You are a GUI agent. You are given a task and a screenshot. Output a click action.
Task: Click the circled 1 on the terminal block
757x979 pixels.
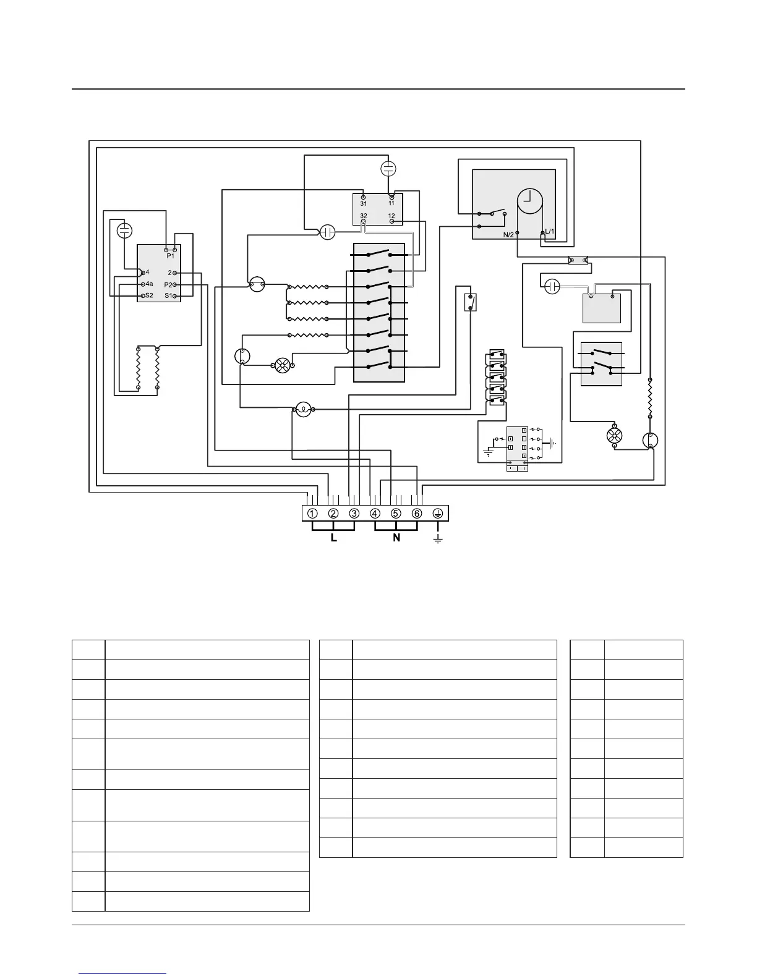(312, 514)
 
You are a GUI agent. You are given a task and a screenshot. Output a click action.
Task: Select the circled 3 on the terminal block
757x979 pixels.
(354, 514)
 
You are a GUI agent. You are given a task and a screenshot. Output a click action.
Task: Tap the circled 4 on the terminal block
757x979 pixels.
(375, 514)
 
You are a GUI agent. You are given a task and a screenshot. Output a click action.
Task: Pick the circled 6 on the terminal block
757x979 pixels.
(417, 514)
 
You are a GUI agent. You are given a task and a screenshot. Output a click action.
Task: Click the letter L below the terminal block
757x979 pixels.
(334, 538)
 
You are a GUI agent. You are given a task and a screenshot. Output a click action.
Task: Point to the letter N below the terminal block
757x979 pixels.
(396, 538)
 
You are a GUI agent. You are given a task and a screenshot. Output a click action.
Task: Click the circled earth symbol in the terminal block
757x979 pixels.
(438, 514)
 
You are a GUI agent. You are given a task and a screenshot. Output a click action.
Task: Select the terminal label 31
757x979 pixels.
(364, 203)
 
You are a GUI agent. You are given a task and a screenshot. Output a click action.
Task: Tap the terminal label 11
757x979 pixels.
(391, 203)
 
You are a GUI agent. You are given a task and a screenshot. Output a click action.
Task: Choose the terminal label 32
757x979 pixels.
(364, 216)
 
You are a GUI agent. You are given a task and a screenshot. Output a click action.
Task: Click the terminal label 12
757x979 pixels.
(391, 216)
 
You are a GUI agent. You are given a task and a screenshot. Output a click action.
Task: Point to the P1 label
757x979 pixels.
(170, 255)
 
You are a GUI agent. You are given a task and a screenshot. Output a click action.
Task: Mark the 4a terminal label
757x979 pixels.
(150, 284)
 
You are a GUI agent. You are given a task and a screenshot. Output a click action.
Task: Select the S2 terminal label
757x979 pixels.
(149, 296)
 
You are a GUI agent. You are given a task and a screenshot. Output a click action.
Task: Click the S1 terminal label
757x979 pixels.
(168, 296)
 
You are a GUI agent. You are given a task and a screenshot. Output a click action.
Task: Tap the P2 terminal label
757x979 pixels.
(168, 284)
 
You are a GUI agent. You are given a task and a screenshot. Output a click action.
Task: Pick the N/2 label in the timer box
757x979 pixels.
(508, 234)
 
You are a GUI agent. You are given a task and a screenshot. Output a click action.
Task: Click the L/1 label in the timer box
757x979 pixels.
(549, 232)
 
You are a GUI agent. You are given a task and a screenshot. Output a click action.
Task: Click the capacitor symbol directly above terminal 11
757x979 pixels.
(388, 168)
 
